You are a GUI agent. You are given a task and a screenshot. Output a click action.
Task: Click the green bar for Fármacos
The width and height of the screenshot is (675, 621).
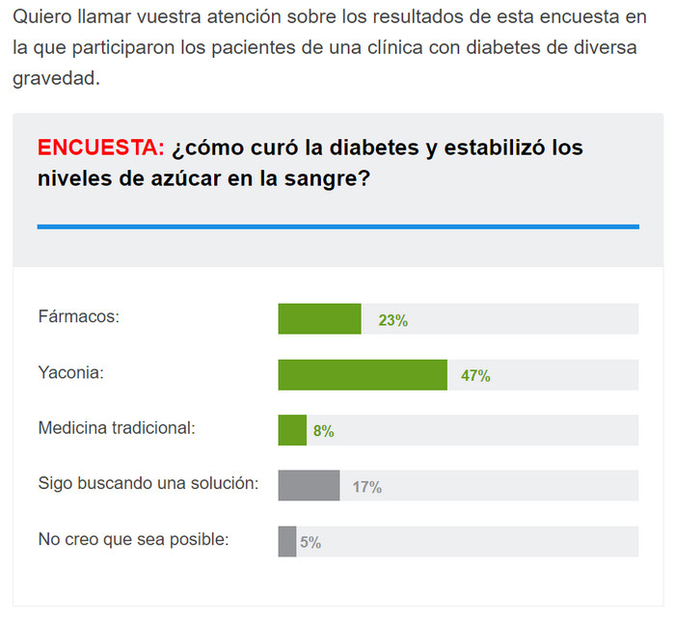[x=319, y=319]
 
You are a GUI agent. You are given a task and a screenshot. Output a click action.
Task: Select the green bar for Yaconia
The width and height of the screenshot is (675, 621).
[x=363, y=375]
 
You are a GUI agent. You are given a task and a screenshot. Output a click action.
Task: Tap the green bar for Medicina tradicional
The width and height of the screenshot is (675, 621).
[x=292, y=430]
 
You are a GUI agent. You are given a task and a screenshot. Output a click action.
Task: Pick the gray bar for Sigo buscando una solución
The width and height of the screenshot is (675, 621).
[x=309, y=486]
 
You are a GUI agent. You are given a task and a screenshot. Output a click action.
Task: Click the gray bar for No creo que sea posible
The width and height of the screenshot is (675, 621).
[x=287, y=541]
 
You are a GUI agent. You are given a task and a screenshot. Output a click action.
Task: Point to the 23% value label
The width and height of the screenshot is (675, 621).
[x=393, y=320]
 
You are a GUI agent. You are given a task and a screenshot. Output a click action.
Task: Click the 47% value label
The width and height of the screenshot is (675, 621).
[x=475, y=376]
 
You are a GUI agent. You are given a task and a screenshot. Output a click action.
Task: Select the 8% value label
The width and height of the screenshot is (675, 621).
[x=324, y=431]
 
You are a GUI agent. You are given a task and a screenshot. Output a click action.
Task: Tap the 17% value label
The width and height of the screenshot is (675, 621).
[x=366, y=487]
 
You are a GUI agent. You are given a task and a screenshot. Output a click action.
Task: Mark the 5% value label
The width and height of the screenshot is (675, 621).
[x=310, y=542]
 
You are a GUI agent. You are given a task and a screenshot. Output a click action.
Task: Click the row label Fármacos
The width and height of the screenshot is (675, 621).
[x=78, y=316]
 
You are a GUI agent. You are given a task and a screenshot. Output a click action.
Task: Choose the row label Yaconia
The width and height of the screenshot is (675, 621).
[x=71, y=372]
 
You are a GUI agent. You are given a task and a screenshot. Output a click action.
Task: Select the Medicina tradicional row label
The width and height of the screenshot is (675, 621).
[x=117, y=427]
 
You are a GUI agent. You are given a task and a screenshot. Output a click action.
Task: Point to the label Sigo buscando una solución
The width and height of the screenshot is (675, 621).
[x=148, y=483]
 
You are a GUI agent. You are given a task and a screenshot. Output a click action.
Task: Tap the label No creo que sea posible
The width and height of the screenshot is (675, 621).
[x=133, y=539]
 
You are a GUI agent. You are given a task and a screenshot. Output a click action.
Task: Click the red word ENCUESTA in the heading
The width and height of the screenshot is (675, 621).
[x=100, y=148]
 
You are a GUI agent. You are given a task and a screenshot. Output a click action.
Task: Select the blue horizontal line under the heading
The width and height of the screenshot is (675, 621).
[x=337, y=227]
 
